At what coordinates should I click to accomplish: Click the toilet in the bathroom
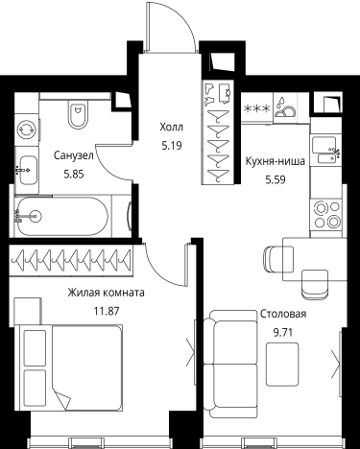click(x=78, y=114)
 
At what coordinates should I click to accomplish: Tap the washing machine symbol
click(x=26, y=130)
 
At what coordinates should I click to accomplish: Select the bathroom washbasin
click(x=28, y=170)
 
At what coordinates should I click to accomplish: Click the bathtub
click(x=62, y=216)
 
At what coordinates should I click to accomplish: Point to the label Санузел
click(x=74, y=155)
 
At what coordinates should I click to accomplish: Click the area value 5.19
click(x=172, y=146)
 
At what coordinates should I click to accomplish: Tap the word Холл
click(x=172, y=128)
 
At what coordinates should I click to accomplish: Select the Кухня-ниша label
click(x=275, y=161)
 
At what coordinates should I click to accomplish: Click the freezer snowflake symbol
click(x=257, y=108)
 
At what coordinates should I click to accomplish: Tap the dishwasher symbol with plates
click(x=284, y=107)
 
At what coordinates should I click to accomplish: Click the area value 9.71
click(x=282, y=333)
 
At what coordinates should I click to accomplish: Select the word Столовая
click(x=283, y=314)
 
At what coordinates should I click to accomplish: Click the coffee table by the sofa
click(x=282, y=365)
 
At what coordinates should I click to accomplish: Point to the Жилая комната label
click(x=106, y=293)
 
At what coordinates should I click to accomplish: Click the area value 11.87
click(x=106, y=311)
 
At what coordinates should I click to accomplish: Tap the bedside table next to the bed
click(x=28, y=311)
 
